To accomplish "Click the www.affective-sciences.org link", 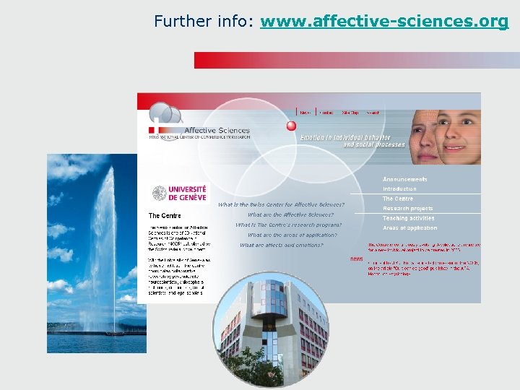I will tap(384, 22).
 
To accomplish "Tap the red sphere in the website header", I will tap(291, 126).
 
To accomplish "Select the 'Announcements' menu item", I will tap(404, 179).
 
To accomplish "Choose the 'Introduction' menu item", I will tap(399, 189).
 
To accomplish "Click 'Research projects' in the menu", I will tap(408, 209).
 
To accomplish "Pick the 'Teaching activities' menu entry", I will tap(409, 218).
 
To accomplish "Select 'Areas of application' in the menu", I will tap(409, 228).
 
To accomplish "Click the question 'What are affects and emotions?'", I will tap(282, 245).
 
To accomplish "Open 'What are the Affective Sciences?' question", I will tap(290, 214).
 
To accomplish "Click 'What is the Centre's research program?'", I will tap(288, 225).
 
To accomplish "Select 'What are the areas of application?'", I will tap(292, 235).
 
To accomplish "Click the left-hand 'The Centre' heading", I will tap(165, 215).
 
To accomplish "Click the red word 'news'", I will tap(357, 259).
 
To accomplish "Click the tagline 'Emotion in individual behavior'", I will tap(345, 137).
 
